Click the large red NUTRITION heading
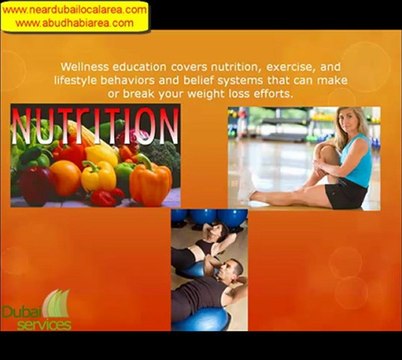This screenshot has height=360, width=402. [96, 128]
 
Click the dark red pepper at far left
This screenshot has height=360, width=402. [28, 185]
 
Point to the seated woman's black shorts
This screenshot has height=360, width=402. [346, 192]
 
